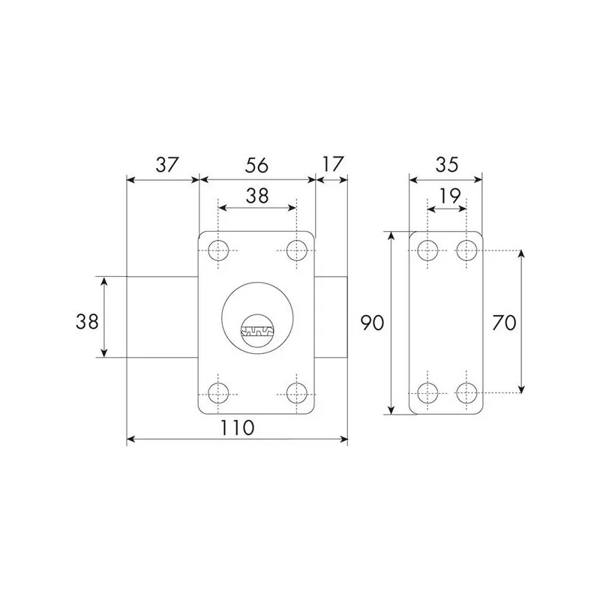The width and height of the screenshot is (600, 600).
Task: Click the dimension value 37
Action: pos(166,164)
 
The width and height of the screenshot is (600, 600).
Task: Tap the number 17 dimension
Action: pos(331,164)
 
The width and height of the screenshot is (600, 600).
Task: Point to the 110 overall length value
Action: pos(238,428)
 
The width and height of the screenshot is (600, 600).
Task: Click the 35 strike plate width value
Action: pos(445,164)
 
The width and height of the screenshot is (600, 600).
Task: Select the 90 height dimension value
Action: pos(372,322)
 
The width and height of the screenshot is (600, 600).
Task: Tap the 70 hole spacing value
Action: pos(502,322)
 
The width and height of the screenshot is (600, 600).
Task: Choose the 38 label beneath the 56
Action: pos(256,196)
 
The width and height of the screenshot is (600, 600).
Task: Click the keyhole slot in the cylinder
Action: pos(256,329)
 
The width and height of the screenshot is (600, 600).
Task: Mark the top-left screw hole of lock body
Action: pos(219,249)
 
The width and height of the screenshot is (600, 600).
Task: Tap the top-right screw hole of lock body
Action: pos(297,249)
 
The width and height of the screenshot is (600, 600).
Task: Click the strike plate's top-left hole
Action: pos(427,250)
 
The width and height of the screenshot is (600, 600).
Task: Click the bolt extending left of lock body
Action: pos(162,316)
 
